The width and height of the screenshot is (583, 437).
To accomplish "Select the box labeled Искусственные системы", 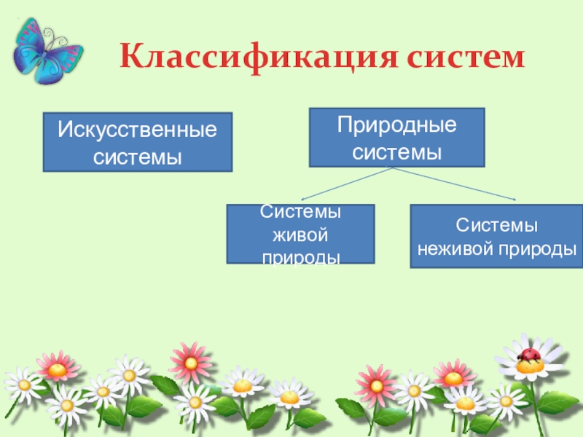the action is [x=138, y=142].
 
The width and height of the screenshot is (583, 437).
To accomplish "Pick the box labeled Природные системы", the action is [x=396, y=138].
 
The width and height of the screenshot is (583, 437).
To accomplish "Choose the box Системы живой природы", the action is [x=300, y=234].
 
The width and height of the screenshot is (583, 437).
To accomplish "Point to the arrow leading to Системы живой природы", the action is [x=346, y=183].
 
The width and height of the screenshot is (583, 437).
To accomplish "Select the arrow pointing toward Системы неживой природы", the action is [x=455, y=183].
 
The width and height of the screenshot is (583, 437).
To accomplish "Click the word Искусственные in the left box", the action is [x=138, y=131].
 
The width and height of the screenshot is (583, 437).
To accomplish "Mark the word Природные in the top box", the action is [x=396, y=126].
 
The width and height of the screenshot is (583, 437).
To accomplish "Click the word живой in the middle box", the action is [x=300, y=235].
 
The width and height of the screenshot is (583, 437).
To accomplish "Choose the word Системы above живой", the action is [x=300, y=213].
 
